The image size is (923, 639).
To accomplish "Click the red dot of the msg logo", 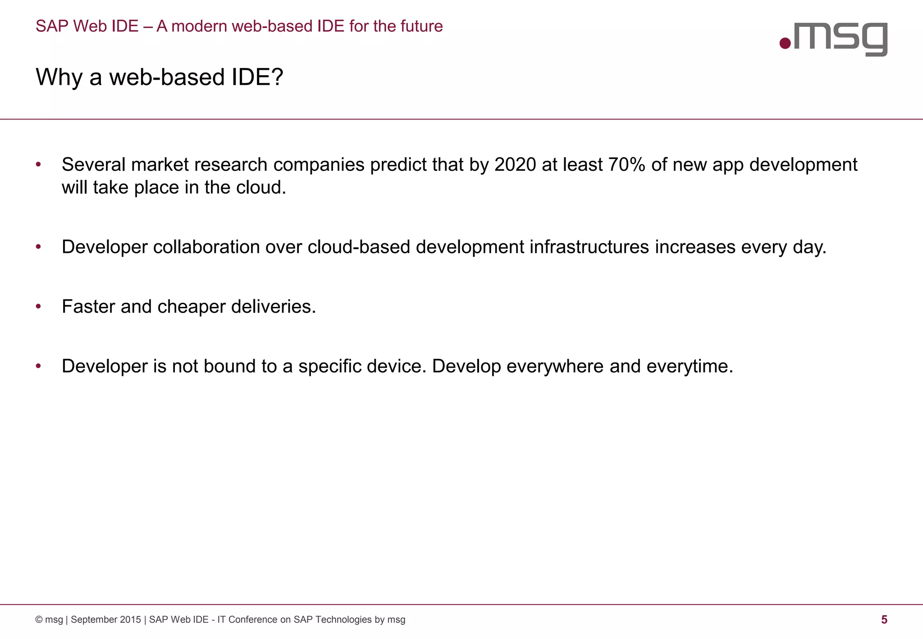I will pyautogui.click(x=785, y=43).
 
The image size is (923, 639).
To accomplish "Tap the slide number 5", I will pyautogui.click(x=884, y=620).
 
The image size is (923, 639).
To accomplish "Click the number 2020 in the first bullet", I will pyautogui.click(x=515, y=165).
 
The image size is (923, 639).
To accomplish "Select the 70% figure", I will pyautogui.click(x=626, y=165).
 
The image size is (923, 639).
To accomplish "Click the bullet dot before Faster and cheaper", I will pyautogui.click(x=39, y=307).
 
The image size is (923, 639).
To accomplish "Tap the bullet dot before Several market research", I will pyautogui.click(x=39, y=164).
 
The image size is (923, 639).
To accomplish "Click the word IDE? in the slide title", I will pyautogui.click(x=257, y=77).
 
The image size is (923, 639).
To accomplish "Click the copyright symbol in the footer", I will pyautogui.click(x=39, y=620).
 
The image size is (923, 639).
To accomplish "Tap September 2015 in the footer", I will pyautogui.click(x=105, y=620).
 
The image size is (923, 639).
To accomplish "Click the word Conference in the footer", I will pyautogui.click(x=253, y=620).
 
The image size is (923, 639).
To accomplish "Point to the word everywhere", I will pyautogui.click(x=555, y=366).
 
